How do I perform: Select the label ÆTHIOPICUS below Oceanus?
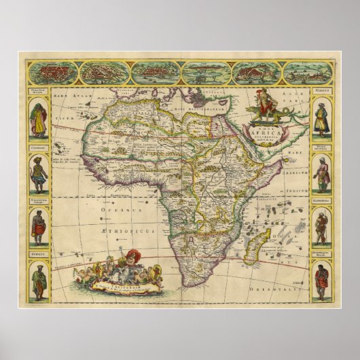click(x=126, y=230)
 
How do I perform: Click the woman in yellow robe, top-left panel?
click(x=39, y=120)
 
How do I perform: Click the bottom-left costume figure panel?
click(x=39, y=280)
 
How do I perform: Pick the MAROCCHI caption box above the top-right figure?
click(x=321, y=90)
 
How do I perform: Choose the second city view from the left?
click(x=105, y=72)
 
